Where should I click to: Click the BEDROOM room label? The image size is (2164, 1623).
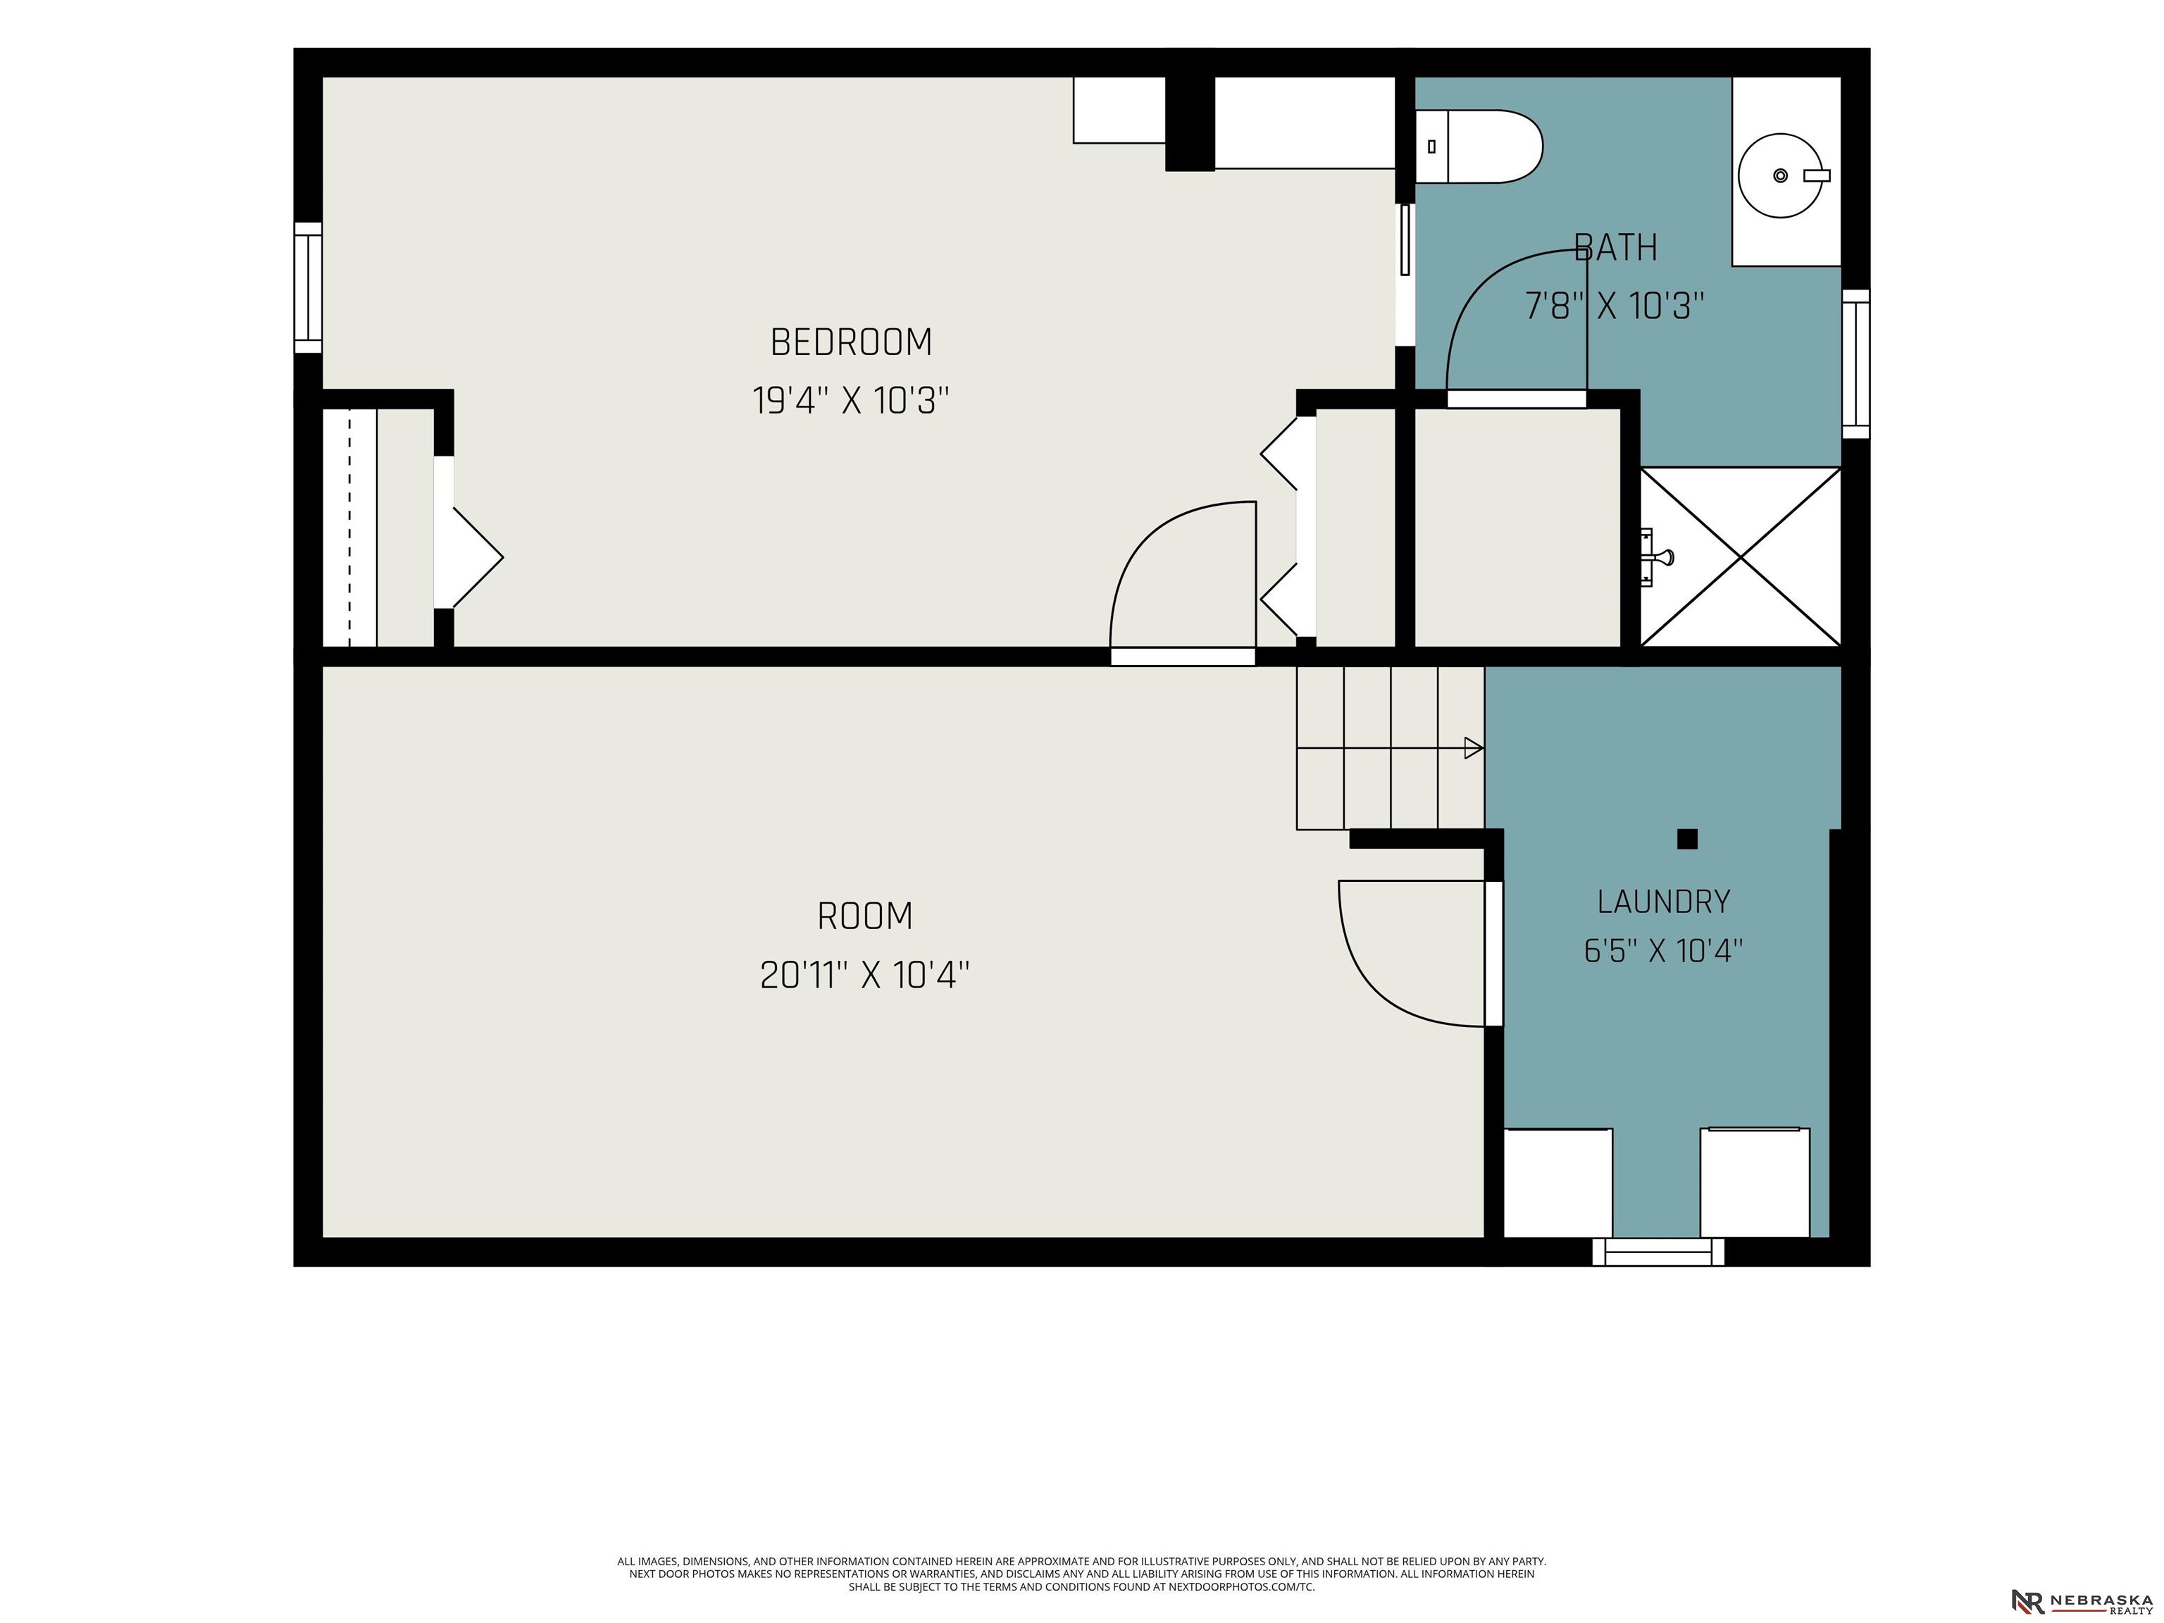851,342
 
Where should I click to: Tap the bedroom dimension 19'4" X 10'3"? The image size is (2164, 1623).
851,400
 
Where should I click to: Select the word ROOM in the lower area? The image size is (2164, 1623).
865,916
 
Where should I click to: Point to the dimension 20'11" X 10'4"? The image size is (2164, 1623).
865,976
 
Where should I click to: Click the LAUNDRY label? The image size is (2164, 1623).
1663,901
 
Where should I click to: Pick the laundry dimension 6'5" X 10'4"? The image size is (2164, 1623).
1663,950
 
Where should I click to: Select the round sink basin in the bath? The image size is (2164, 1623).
1781,176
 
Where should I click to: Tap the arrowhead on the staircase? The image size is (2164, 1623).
1474,748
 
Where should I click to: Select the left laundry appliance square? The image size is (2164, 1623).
1557,1183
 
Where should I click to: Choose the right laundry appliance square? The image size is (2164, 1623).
1755,1183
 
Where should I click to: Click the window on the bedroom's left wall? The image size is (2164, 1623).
308,287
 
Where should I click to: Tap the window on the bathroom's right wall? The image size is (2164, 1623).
1856,364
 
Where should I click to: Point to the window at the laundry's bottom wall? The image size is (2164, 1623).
1658,1251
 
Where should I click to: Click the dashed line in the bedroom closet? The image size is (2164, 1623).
349,528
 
